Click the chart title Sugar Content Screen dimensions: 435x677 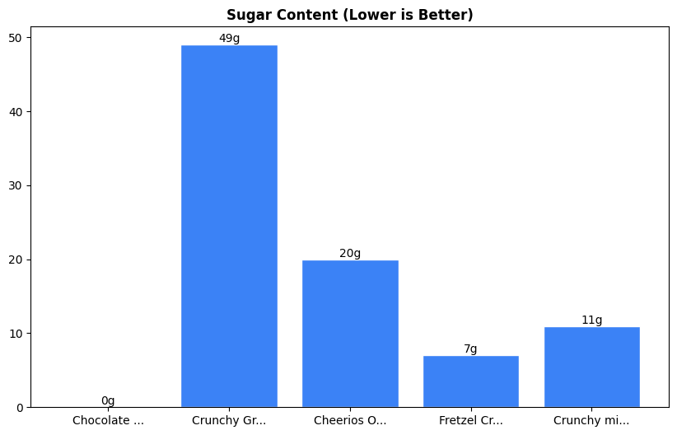coord(349,15)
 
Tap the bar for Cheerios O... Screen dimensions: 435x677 coord(350,334)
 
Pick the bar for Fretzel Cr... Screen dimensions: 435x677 coord(470,381)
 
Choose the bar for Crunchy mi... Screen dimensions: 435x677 coord(591,367)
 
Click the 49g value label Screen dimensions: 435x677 coord(229,39)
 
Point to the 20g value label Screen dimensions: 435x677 coord(350,253)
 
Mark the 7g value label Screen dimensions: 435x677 coord(470,349)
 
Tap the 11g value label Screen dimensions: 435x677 coord(591,320)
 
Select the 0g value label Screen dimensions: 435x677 coord(108,400)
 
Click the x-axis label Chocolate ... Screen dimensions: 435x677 coord(108,420)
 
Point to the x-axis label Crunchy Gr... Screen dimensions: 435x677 coord(229,420)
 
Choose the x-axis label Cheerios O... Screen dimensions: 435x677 coord(350,420)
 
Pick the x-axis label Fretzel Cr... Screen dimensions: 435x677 coord(470,420)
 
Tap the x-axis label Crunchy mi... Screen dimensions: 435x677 coord(591,420)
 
